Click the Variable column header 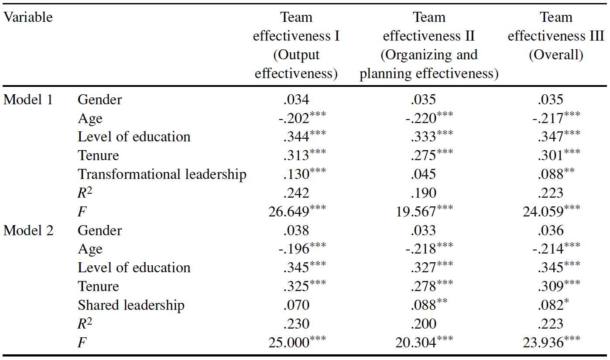point(28,17)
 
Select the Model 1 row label point(28,99)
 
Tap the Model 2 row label point(28,230)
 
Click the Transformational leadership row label point(162,174)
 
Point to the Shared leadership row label point(131,305)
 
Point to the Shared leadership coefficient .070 point(296,305)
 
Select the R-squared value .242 point(296,193)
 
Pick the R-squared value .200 point(423,324)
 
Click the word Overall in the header point(556,55)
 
